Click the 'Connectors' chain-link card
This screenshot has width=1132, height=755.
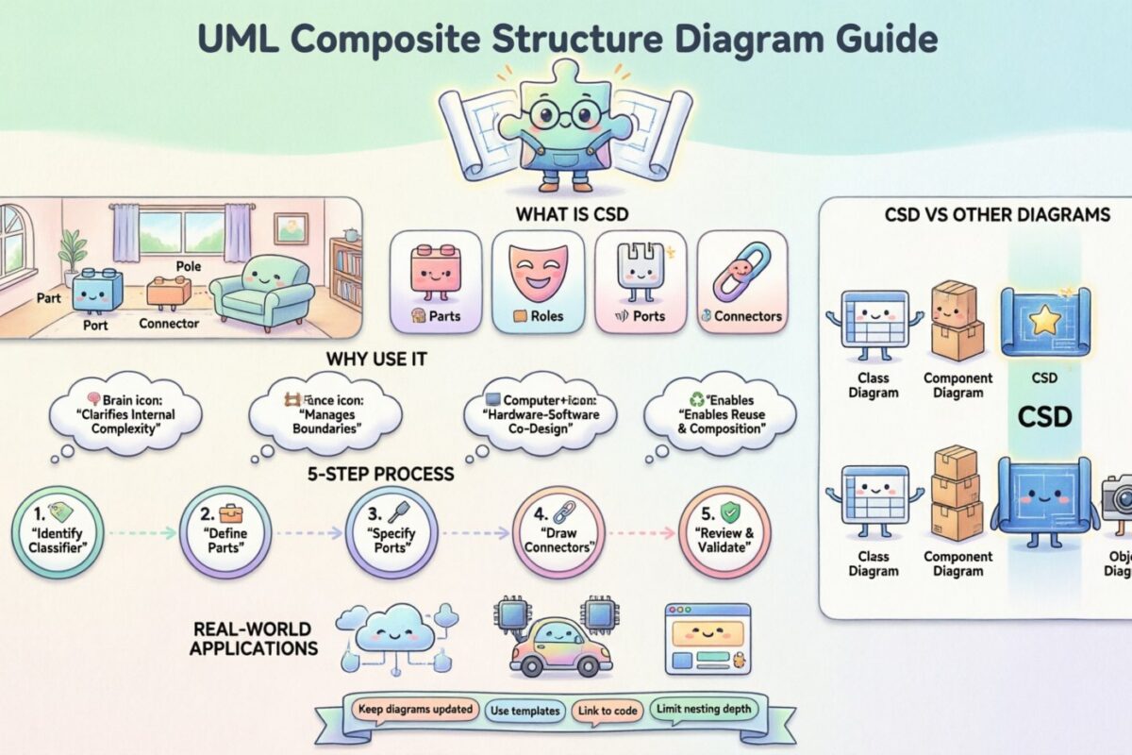[741, 281]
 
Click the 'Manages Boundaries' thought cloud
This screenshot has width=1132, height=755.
[325, 414]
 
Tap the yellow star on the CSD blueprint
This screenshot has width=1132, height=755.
[1044, 322]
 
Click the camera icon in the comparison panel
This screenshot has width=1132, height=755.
[1119, 496]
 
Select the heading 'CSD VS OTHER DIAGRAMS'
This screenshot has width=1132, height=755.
[997, 215]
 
